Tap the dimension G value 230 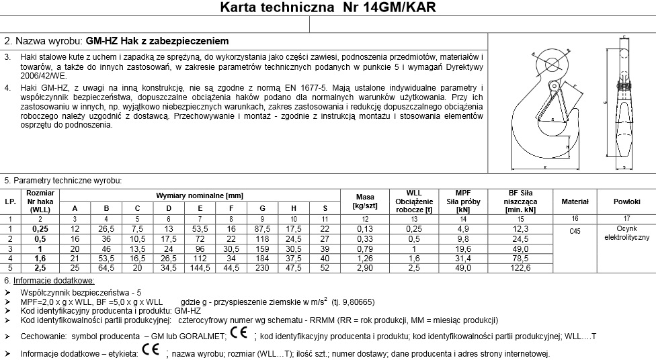pos(262,267)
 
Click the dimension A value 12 pos(75,229)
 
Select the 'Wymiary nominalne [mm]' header pos(199,194)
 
